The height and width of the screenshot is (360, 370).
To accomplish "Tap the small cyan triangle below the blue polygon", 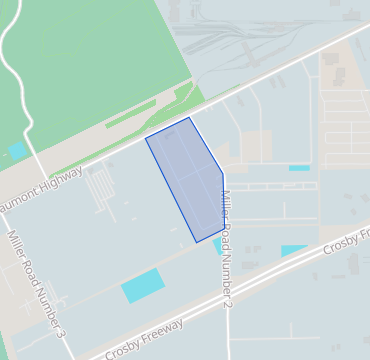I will (x=217, y=244).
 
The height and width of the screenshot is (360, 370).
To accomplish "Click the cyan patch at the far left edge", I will (x=17, y=151).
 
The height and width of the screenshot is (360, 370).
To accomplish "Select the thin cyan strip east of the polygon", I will (x=299, y=168).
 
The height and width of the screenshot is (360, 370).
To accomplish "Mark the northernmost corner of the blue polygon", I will (x=189, y=118).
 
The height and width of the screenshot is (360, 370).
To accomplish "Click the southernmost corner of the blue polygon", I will (x=197, y=242).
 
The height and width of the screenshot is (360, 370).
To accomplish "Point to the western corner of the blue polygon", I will (x=146, y=138).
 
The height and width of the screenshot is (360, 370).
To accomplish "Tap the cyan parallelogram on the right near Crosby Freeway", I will (x=293, y=250).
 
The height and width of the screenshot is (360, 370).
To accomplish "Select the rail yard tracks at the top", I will (x=240, y=45).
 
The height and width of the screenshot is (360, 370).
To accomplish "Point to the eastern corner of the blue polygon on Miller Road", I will (x=223, y=174).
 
